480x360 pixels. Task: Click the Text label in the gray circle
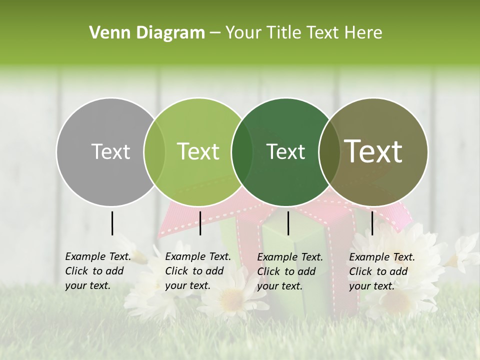110,151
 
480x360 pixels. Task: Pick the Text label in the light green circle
198,151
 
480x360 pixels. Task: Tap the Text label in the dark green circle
285,151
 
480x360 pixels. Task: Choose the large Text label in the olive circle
373,151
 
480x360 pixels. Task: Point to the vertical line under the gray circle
112,223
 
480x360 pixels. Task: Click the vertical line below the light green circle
200,223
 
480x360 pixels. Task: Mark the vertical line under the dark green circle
288,223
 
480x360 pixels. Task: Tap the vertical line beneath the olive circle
372,223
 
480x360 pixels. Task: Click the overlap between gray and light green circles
154,151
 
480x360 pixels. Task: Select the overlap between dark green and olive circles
329,151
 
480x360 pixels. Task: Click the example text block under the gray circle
98,271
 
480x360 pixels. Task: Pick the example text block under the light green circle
198,271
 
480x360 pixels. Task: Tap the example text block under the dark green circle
290,271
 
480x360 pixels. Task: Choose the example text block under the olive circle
382,271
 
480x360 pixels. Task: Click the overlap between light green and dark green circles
242,151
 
